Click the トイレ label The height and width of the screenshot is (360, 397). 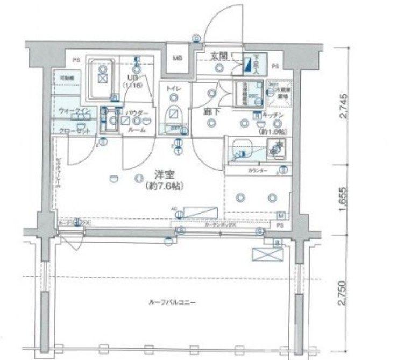[x=173, y=88]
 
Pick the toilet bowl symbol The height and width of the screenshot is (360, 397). [x=174, y=114]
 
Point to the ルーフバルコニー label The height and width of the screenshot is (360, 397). [x=171, y=303]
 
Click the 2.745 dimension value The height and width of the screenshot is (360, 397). [x=344, y=106]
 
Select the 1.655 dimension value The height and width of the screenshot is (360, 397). [x=344, y=199]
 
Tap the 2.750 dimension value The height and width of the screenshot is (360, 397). [x=344, y=293]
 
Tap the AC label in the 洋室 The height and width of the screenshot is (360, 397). [x=174, y=207]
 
